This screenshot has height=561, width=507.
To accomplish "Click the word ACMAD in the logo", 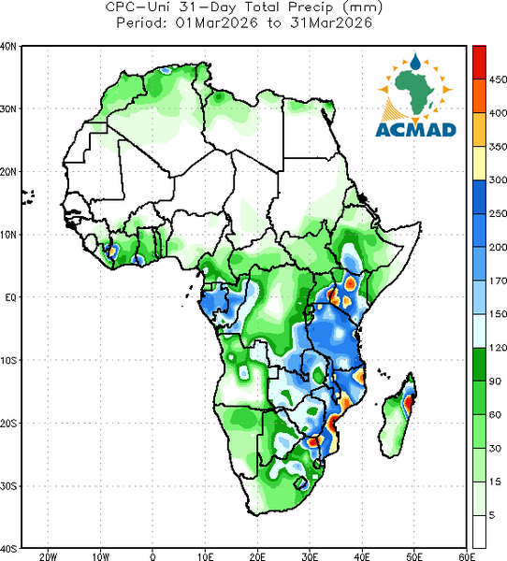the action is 415,130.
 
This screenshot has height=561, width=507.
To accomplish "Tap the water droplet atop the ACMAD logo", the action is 415,62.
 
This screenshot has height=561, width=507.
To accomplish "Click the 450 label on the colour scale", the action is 498,79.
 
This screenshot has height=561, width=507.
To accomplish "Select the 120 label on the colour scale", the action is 498,348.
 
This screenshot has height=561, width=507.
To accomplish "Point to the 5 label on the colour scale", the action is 492,515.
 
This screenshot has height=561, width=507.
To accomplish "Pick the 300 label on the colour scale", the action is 498,180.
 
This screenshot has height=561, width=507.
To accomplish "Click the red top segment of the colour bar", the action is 479,62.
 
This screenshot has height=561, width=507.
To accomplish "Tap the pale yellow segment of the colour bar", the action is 479,163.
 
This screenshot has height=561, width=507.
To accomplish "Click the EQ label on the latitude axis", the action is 10,297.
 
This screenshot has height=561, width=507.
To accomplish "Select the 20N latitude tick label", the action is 8,172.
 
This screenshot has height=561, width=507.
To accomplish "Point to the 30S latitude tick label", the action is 8,486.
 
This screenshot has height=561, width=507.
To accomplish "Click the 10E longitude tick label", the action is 206,556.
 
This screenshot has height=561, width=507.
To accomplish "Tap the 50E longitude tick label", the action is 414,556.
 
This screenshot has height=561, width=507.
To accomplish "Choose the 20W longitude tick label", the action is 48,556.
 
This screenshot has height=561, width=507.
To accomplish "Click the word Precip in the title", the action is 310,7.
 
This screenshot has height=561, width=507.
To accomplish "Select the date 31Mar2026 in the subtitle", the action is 331,23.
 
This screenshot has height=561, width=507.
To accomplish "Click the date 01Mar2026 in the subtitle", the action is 217,23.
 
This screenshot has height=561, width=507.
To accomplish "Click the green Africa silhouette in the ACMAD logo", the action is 415,90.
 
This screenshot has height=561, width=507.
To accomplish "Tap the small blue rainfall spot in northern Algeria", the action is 166,70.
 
